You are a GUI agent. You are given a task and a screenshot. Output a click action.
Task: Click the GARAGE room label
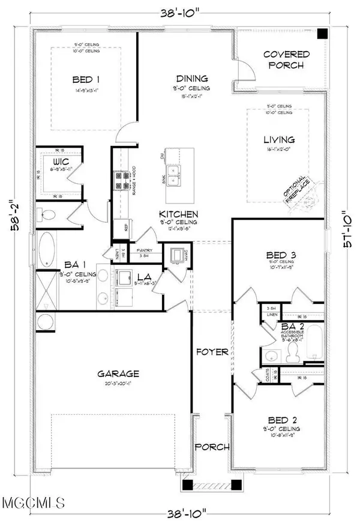(119, 373)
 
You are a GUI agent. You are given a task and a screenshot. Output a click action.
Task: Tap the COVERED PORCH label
(287, 59)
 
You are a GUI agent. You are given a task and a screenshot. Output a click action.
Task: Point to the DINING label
(192, 78)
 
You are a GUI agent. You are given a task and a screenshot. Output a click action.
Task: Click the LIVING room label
(279, 139)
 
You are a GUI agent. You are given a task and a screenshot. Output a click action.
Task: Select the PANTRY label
(145, 250)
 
